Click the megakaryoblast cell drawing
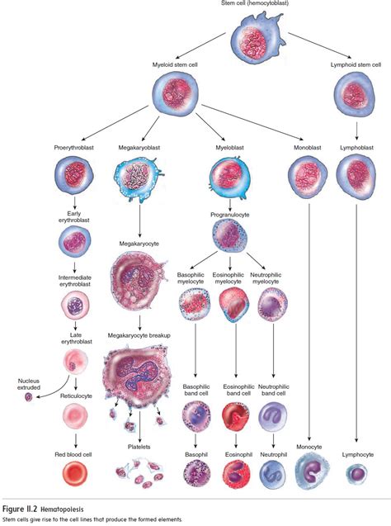135,177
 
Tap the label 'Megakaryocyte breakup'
140,336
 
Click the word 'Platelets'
139,443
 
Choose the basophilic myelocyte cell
195,305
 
